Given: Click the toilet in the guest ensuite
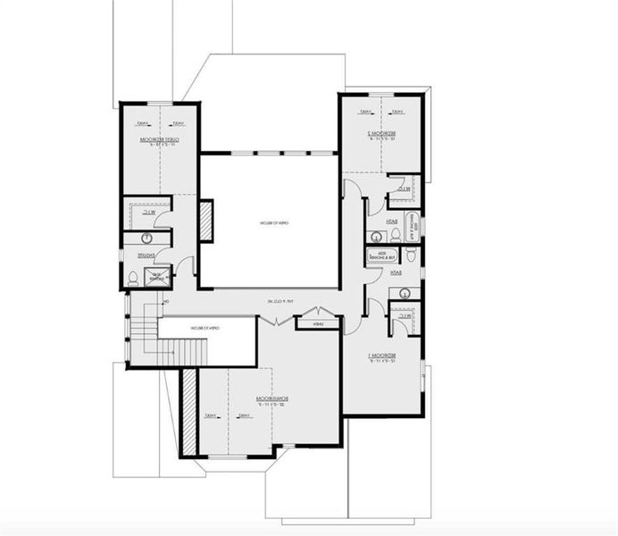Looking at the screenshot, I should tap(133, 278).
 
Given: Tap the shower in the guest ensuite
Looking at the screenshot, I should tap(157, 276).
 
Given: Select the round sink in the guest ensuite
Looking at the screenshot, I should tap(143, 239).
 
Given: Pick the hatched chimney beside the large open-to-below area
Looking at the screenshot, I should tap(205, 221).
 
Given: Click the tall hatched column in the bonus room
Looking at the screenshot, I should tap(188, 412).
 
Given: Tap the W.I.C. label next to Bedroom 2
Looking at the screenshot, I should tap(405, 189).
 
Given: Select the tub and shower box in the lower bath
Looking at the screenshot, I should tap(381, 255).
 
